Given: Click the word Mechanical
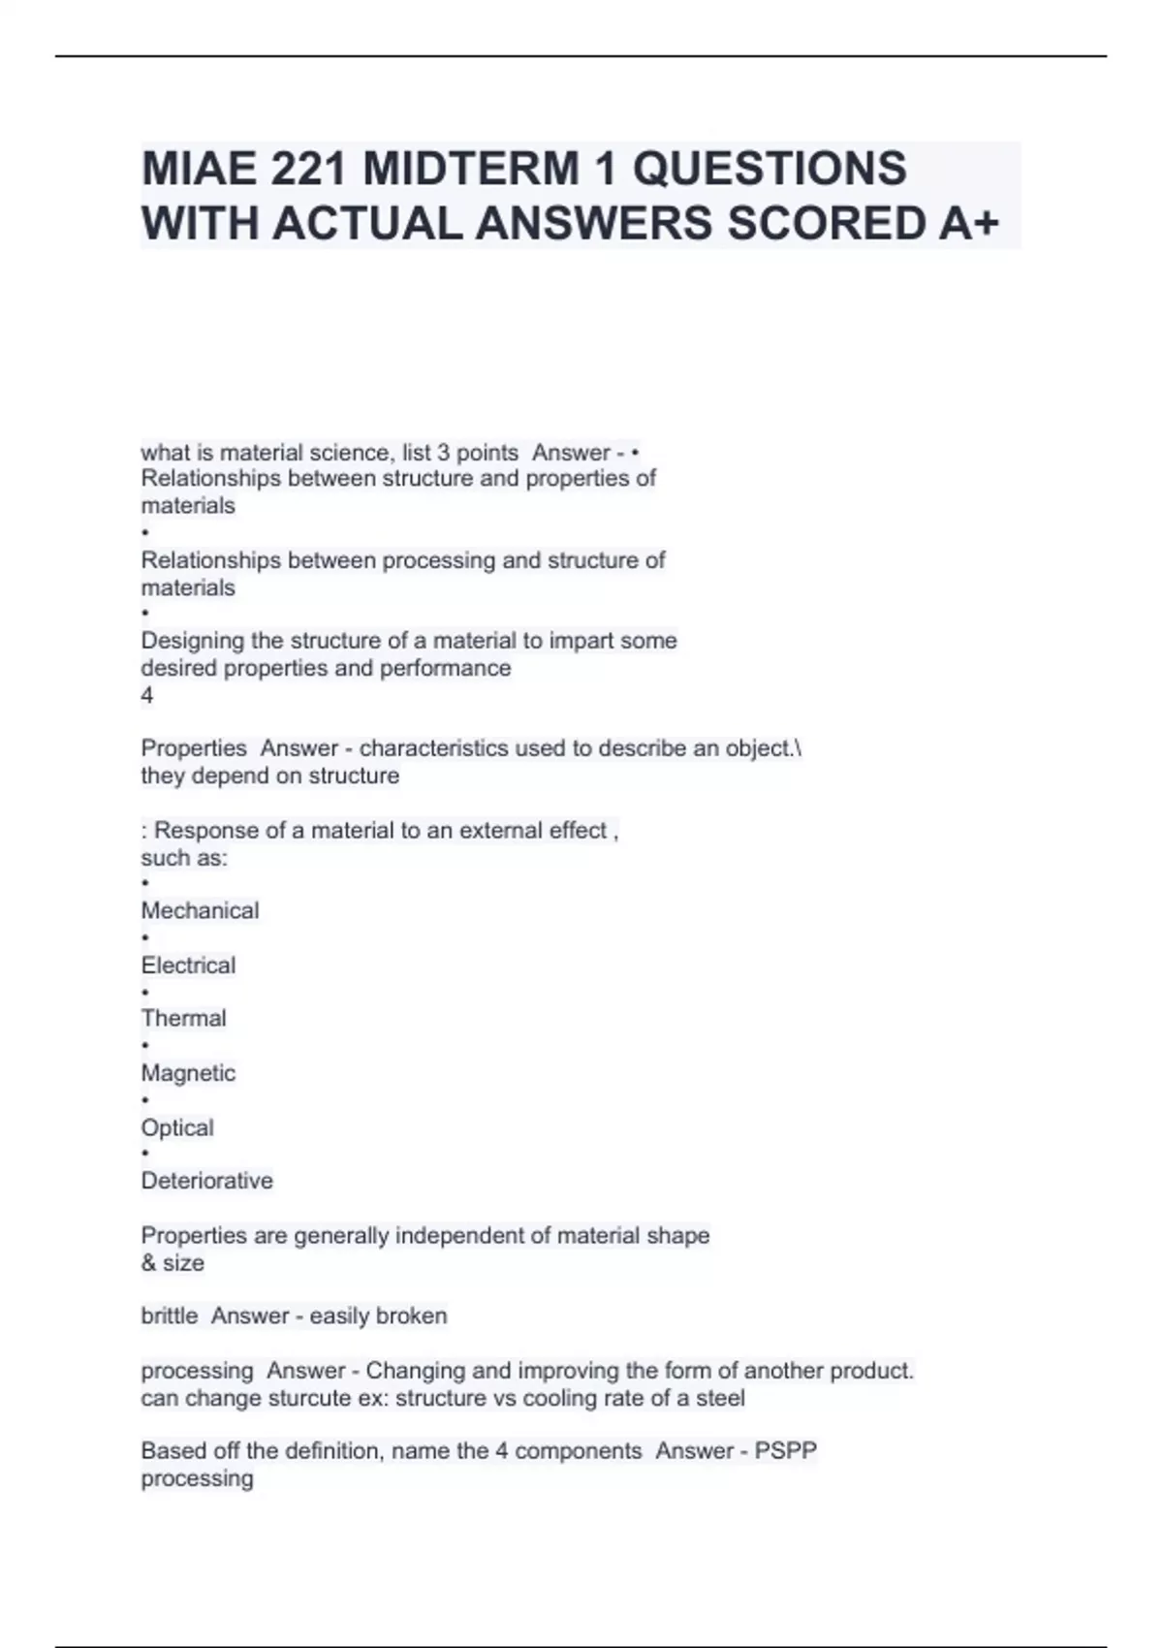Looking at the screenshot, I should (200, 911).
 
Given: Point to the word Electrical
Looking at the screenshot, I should (188, 966).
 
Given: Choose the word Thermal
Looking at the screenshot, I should (183, 1019).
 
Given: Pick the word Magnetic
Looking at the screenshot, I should (188, 1073).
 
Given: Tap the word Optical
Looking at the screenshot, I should (177, 1127).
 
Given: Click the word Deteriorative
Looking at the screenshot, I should (206, 1181).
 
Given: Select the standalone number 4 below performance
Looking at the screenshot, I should (147, 695).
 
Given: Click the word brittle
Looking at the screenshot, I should (170, 1316).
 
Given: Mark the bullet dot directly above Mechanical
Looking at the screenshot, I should (145, 883).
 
